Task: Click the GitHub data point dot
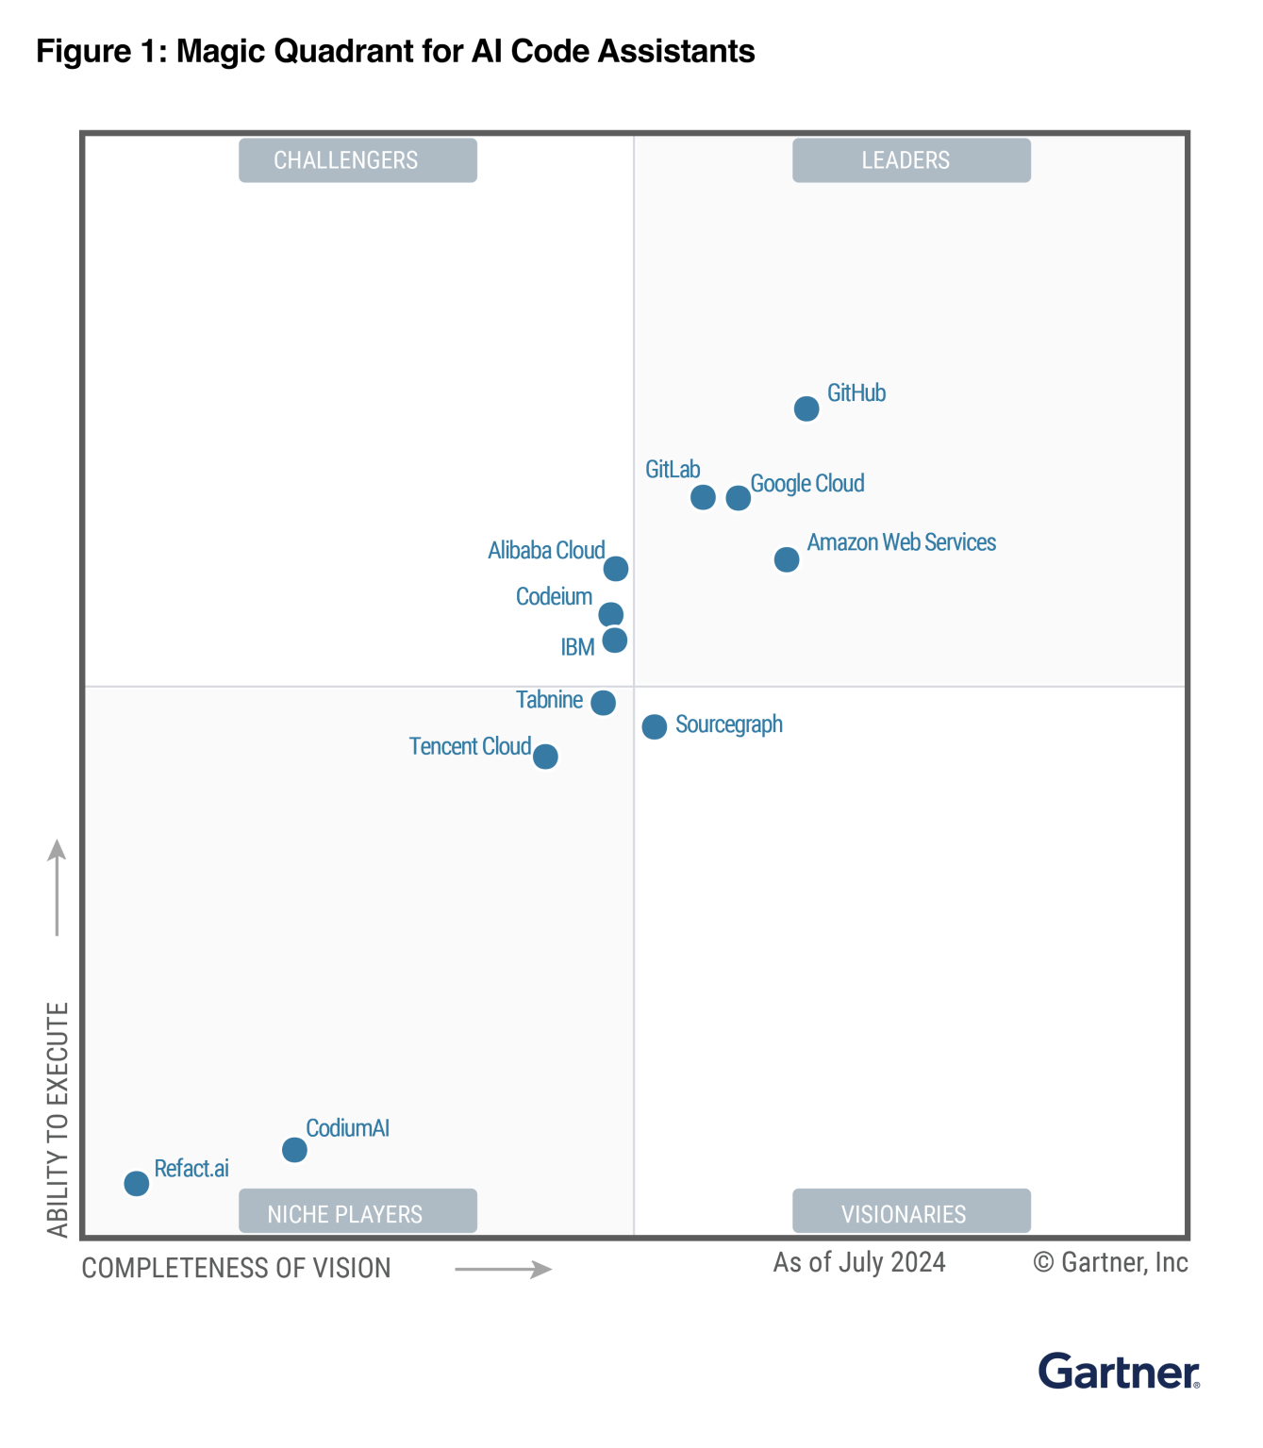pos(806,408)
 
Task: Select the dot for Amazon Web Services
pos(786,559)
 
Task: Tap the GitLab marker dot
pos(703,497)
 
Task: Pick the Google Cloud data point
pos(739,498)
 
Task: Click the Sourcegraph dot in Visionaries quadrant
pos(654,726)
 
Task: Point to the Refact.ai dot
pos(137,1183)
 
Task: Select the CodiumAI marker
pos(294,1150)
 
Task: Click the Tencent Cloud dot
pos(545,757)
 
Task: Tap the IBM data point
pos(614,641)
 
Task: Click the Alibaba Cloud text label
pos(546,550)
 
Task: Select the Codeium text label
pos(554,596)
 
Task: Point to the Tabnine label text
pos(549,700)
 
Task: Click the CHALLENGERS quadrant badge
pos(357,160)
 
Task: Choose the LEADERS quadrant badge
pos(911,160)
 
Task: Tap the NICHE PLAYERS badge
pos(357,1213)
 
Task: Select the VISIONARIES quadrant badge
pos(911,1213)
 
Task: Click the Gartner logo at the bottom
pos(1119,1372)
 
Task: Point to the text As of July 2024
pos(859,1262)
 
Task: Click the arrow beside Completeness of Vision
pos(503,1270)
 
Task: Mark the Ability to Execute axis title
pos(58,1120)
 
